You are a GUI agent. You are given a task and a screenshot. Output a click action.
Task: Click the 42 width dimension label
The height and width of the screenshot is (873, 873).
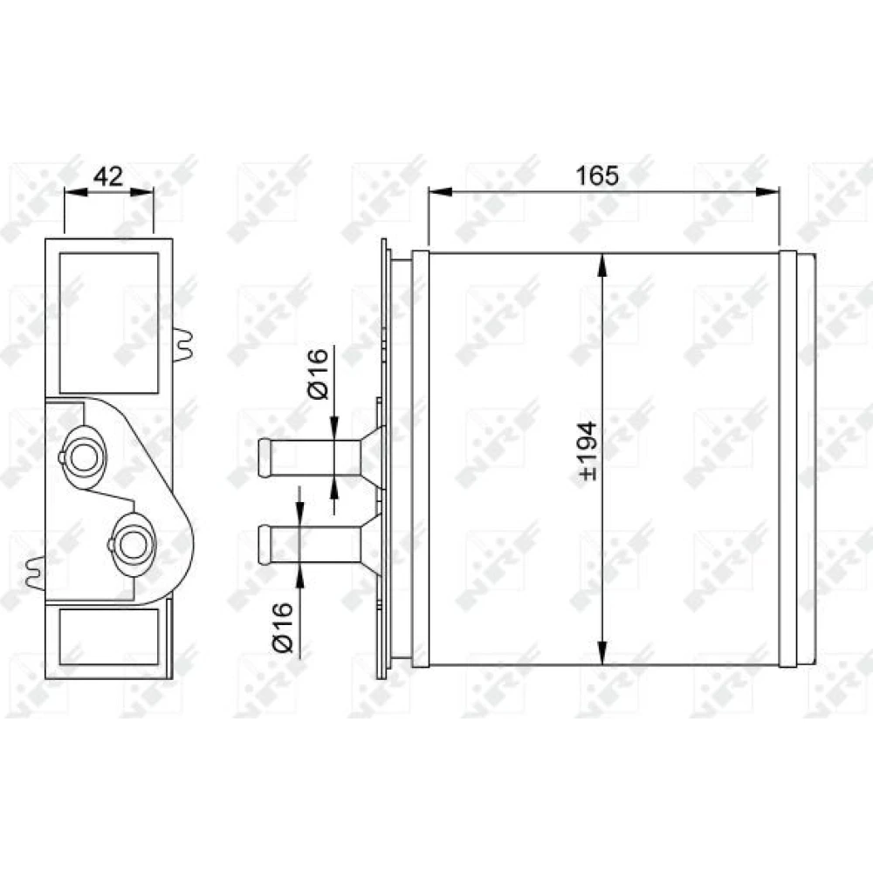[x=108, y=176]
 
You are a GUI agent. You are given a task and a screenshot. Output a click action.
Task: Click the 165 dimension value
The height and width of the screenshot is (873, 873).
[x=597, y=176]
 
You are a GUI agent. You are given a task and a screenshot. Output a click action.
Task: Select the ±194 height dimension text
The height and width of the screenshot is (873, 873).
[x=588, y=451]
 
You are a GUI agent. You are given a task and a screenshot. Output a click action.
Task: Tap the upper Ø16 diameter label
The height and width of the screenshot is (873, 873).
[x=318, y=374]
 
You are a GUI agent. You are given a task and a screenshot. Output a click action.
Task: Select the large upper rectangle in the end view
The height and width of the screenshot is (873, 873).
[x=108, y=323]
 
